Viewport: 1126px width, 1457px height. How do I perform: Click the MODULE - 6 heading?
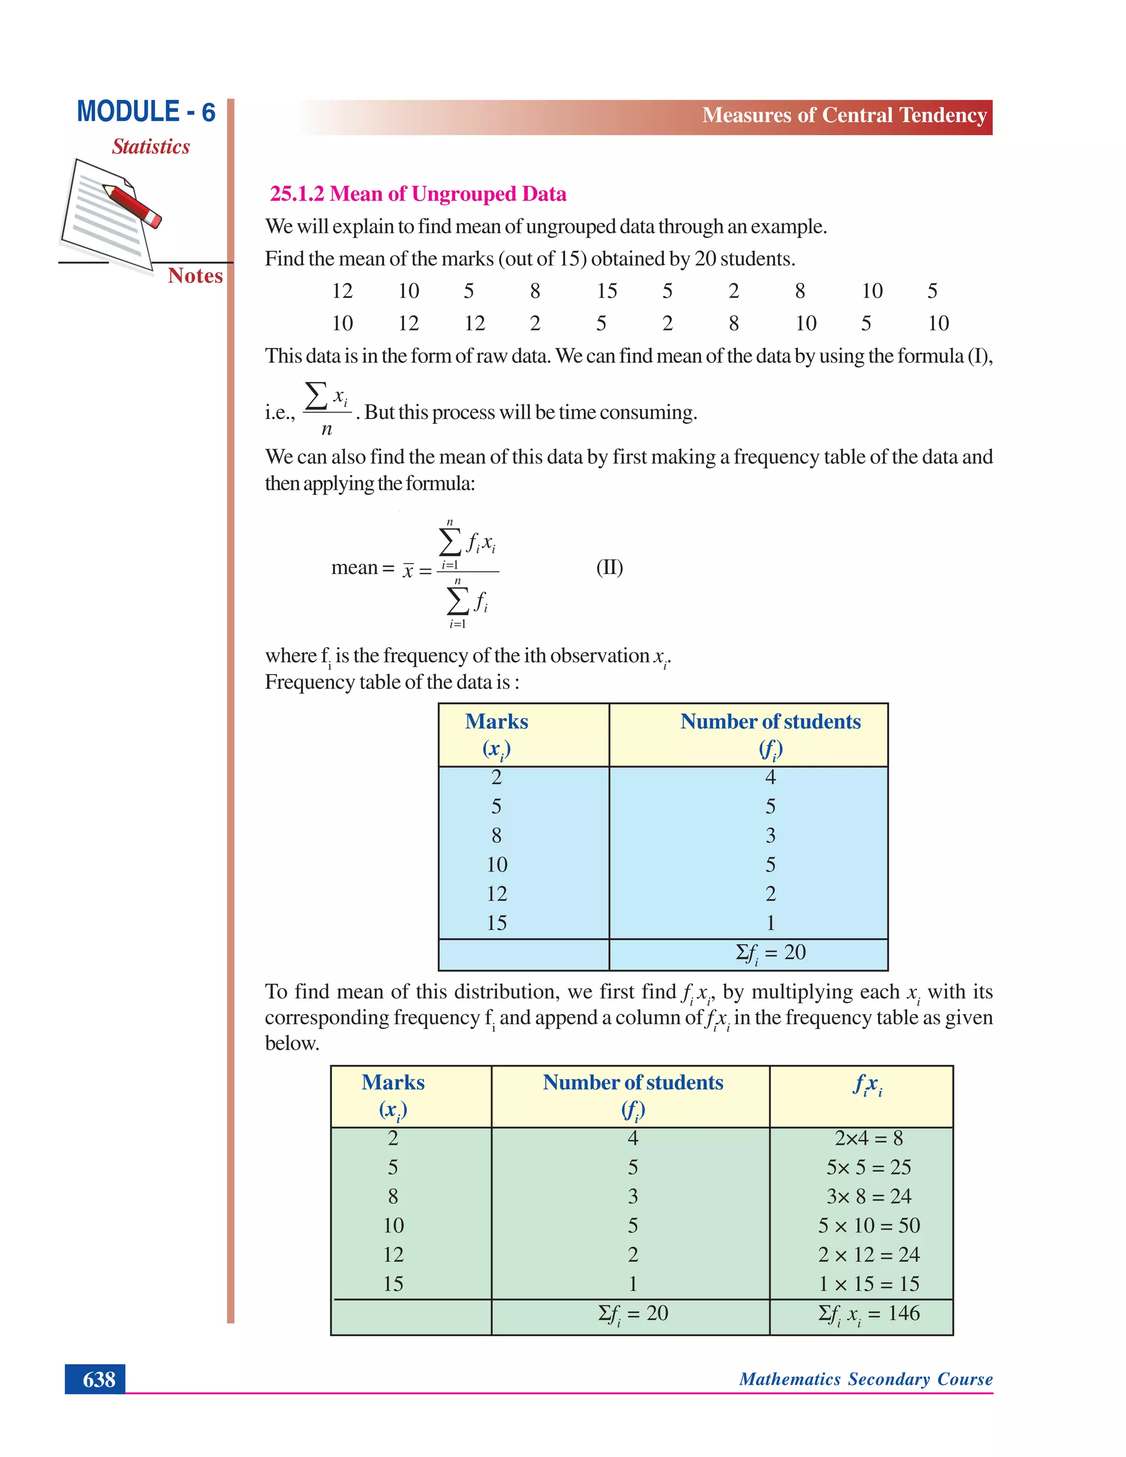coord(146,112)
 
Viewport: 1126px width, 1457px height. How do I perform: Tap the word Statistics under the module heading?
coord(151,147)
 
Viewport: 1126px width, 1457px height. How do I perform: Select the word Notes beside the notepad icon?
coord(195,275)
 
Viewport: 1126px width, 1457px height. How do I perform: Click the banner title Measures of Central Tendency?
coord(844,115)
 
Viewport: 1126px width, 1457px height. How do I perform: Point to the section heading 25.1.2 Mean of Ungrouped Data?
coord(418,194)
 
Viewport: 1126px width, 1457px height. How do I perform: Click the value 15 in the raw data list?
coord(606,291)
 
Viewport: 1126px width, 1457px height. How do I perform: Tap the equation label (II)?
coord(609,568)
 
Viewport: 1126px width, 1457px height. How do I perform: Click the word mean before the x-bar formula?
coord(354,568)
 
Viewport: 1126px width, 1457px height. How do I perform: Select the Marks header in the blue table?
coord(496,722)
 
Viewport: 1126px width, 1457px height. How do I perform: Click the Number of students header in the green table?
coord(632,1082)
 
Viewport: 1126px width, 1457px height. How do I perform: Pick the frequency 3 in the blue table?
coord(770,835)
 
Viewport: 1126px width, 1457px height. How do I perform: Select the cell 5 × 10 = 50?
coord(869,1226)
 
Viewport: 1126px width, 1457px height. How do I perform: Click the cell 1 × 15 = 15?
coord(869,1284)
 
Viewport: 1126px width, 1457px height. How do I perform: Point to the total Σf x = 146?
coord(869,1313)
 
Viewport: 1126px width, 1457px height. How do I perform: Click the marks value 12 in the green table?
coord(393,1255)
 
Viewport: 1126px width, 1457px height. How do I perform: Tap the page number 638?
coord(99,1379)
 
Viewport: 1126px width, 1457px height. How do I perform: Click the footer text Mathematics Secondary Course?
coord(865,1379)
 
